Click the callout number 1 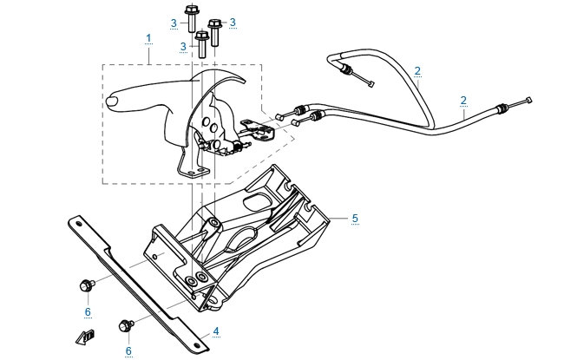149,38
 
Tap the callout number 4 216,331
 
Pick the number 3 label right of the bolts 233,22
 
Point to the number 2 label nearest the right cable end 464,100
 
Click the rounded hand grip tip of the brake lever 113,102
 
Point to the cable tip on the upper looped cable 371,84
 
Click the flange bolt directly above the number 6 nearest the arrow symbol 87,284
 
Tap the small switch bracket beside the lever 260,130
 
